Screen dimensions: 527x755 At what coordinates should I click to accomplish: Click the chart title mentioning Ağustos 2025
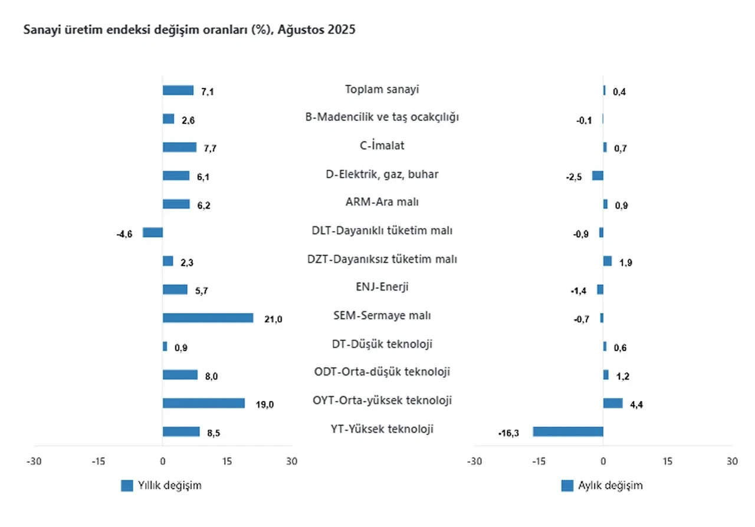point(189,30)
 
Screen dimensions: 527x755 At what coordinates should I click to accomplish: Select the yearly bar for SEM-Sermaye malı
point(208,318)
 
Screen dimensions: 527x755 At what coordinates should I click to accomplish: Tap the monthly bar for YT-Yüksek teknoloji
point(567,432)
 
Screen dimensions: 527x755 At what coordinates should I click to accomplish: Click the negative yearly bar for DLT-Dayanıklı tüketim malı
point(152,232)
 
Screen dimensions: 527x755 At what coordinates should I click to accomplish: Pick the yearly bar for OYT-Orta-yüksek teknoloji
point(203,403)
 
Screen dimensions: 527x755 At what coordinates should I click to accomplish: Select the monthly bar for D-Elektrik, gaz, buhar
point(598,176)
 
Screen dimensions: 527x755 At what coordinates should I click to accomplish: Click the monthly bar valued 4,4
point(612,403)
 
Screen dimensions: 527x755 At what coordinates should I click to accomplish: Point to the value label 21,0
point(274,319)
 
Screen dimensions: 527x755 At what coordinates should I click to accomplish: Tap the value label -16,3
point(508,433)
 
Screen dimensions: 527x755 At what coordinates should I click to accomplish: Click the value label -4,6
point(125,234)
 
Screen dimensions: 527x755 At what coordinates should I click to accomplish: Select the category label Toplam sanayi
point(382,90)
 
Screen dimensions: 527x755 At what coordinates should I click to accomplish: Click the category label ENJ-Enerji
point(382,287)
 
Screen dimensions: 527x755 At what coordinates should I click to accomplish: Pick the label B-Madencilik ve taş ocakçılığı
point(382,117)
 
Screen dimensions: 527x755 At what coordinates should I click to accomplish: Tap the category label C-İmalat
point(382,146)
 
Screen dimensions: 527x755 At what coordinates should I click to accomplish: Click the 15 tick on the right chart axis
point(667,461)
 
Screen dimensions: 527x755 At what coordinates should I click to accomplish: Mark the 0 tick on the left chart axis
point(163,461)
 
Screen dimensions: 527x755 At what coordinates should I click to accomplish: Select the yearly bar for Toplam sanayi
point(178,90)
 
